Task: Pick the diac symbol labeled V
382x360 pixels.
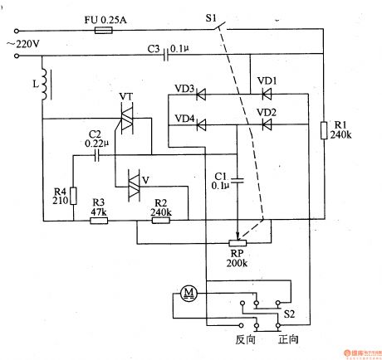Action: [133, 184]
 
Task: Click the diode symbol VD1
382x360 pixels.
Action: [266, 95]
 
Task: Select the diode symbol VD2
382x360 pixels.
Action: [266, 125]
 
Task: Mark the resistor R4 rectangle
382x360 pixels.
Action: [72, 197]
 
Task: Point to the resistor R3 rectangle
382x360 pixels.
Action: [98, 219]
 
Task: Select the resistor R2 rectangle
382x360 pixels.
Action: [160, 219]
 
